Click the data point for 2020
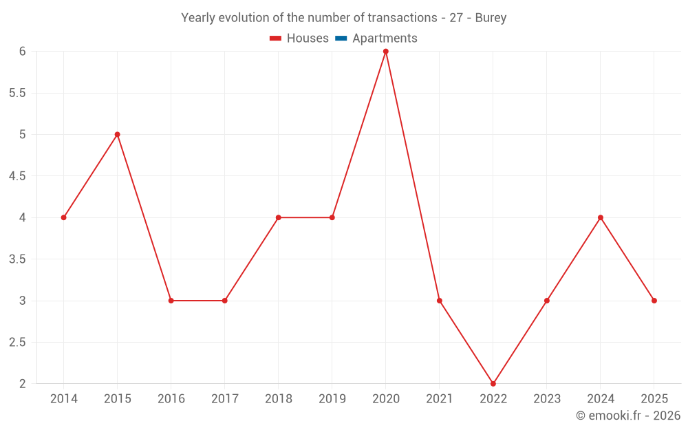tap(385, 52)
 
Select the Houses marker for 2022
tap(493, 383)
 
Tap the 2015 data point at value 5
tap(117, 134)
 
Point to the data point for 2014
tap(63, 217)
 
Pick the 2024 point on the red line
tap(601, 217)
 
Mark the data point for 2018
tap(278, 217)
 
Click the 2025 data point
tap(654, 301)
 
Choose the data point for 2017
tap(224, 301)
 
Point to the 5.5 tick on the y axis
tap(17, 93)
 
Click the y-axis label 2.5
tap(17, 342)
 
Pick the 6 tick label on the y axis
tap(23, 52)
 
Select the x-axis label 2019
tap(332, 399)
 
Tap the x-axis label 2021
tap(439, 399)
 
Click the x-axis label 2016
tap(171, 399)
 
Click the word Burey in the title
tap(491, 18)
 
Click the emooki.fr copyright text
tap(628, 416)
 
